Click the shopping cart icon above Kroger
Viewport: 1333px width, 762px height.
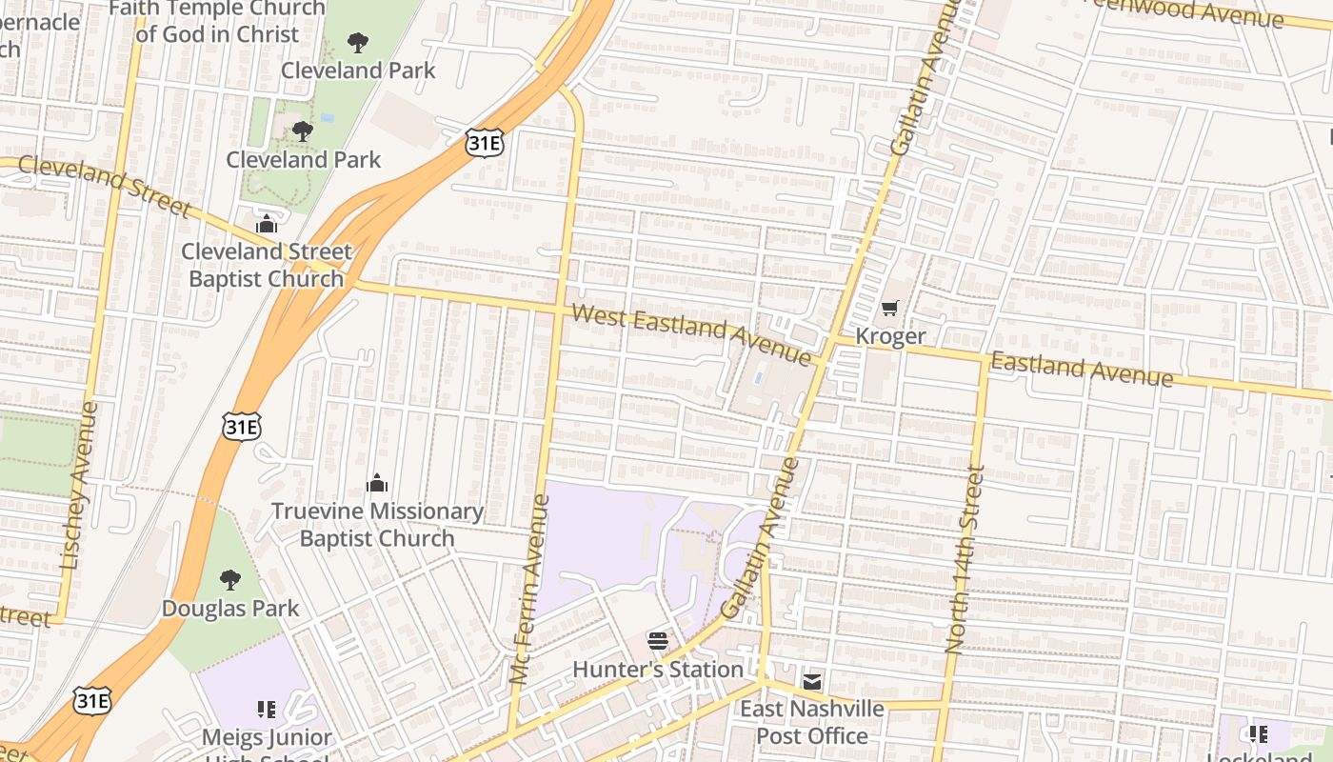click(x=889, y=308)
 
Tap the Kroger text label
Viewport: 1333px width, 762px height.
click(x=889, y=336)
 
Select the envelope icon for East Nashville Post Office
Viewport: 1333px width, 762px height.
click(x=811, y=681)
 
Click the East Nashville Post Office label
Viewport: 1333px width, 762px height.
click(x=811, y=723)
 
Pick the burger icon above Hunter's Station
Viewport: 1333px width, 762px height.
click(x=657, y=640)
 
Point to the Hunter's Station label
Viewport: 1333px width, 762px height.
click(x=657, y=670)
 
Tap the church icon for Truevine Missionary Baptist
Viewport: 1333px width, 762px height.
click(x=377, y=483)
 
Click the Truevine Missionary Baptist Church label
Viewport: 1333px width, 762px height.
click(x=377, y=525)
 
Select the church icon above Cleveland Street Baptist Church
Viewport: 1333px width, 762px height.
click(x=267, y=224)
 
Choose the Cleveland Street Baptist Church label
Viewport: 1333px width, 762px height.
click(x=267, y=266)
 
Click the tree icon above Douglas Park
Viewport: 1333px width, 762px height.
click(x=229, y=579)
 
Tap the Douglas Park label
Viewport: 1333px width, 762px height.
click(x=229, y=609)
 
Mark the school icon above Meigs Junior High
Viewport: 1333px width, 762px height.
click(x=267, y=709)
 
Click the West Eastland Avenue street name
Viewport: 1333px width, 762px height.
click(x=691, y=333)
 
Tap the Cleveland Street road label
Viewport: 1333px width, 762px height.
click(x=103, y=185)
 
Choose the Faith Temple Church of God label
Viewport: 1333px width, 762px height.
click(x=217, y=21)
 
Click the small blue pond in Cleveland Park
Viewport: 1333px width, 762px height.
click(x=328, y=118)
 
